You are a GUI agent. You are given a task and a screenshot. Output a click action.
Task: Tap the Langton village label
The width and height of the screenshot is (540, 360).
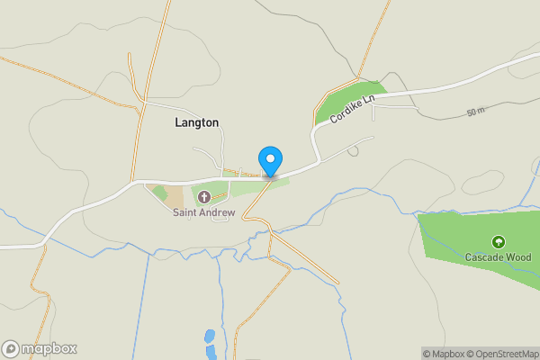click(197, 122)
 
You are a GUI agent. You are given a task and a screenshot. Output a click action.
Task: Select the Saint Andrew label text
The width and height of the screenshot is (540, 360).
click(204, 213)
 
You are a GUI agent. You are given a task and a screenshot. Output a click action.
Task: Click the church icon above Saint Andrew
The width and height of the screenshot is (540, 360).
click(203, 197)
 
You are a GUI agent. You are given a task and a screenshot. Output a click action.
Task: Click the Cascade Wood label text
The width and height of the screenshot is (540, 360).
click(498, 257)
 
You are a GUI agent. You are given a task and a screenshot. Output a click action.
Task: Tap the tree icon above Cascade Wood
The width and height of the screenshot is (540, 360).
click(498, 241)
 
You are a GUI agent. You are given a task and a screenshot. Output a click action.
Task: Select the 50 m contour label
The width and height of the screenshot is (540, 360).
click(476, 112)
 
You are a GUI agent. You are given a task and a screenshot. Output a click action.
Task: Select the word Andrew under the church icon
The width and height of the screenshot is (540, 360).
click(218, 213)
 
